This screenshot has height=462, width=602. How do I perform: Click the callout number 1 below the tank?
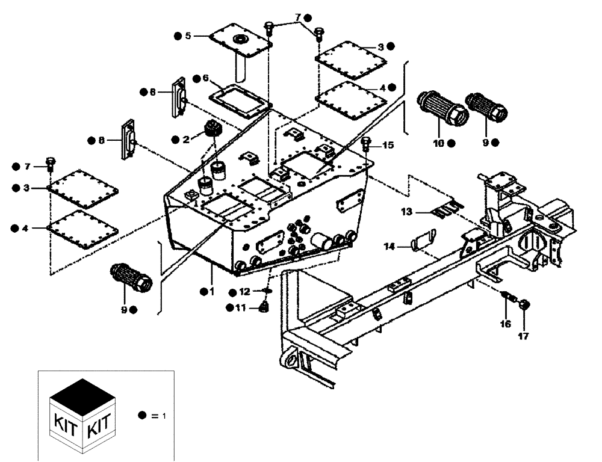tap(211, 291)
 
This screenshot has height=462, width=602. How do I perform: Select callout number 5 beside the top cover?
tap(188, 36)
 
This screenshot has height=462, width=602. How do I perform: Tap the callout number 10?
tap(438, 143)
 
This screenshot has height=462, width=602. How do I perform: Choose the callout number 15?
tap(388, 145)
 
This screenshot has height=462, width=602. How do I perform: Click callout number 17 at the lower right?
tap(523, 336)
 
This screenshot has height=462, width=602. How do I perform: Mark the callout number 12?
tap(244, 292)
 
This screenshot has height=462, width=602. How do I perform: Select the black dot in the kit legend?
tap(142, 415)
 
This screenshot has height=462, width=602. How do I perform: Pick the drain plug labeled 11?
tap(263, 308)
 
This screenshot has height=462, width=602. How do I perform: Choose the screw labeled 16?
tap(509, 297)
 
